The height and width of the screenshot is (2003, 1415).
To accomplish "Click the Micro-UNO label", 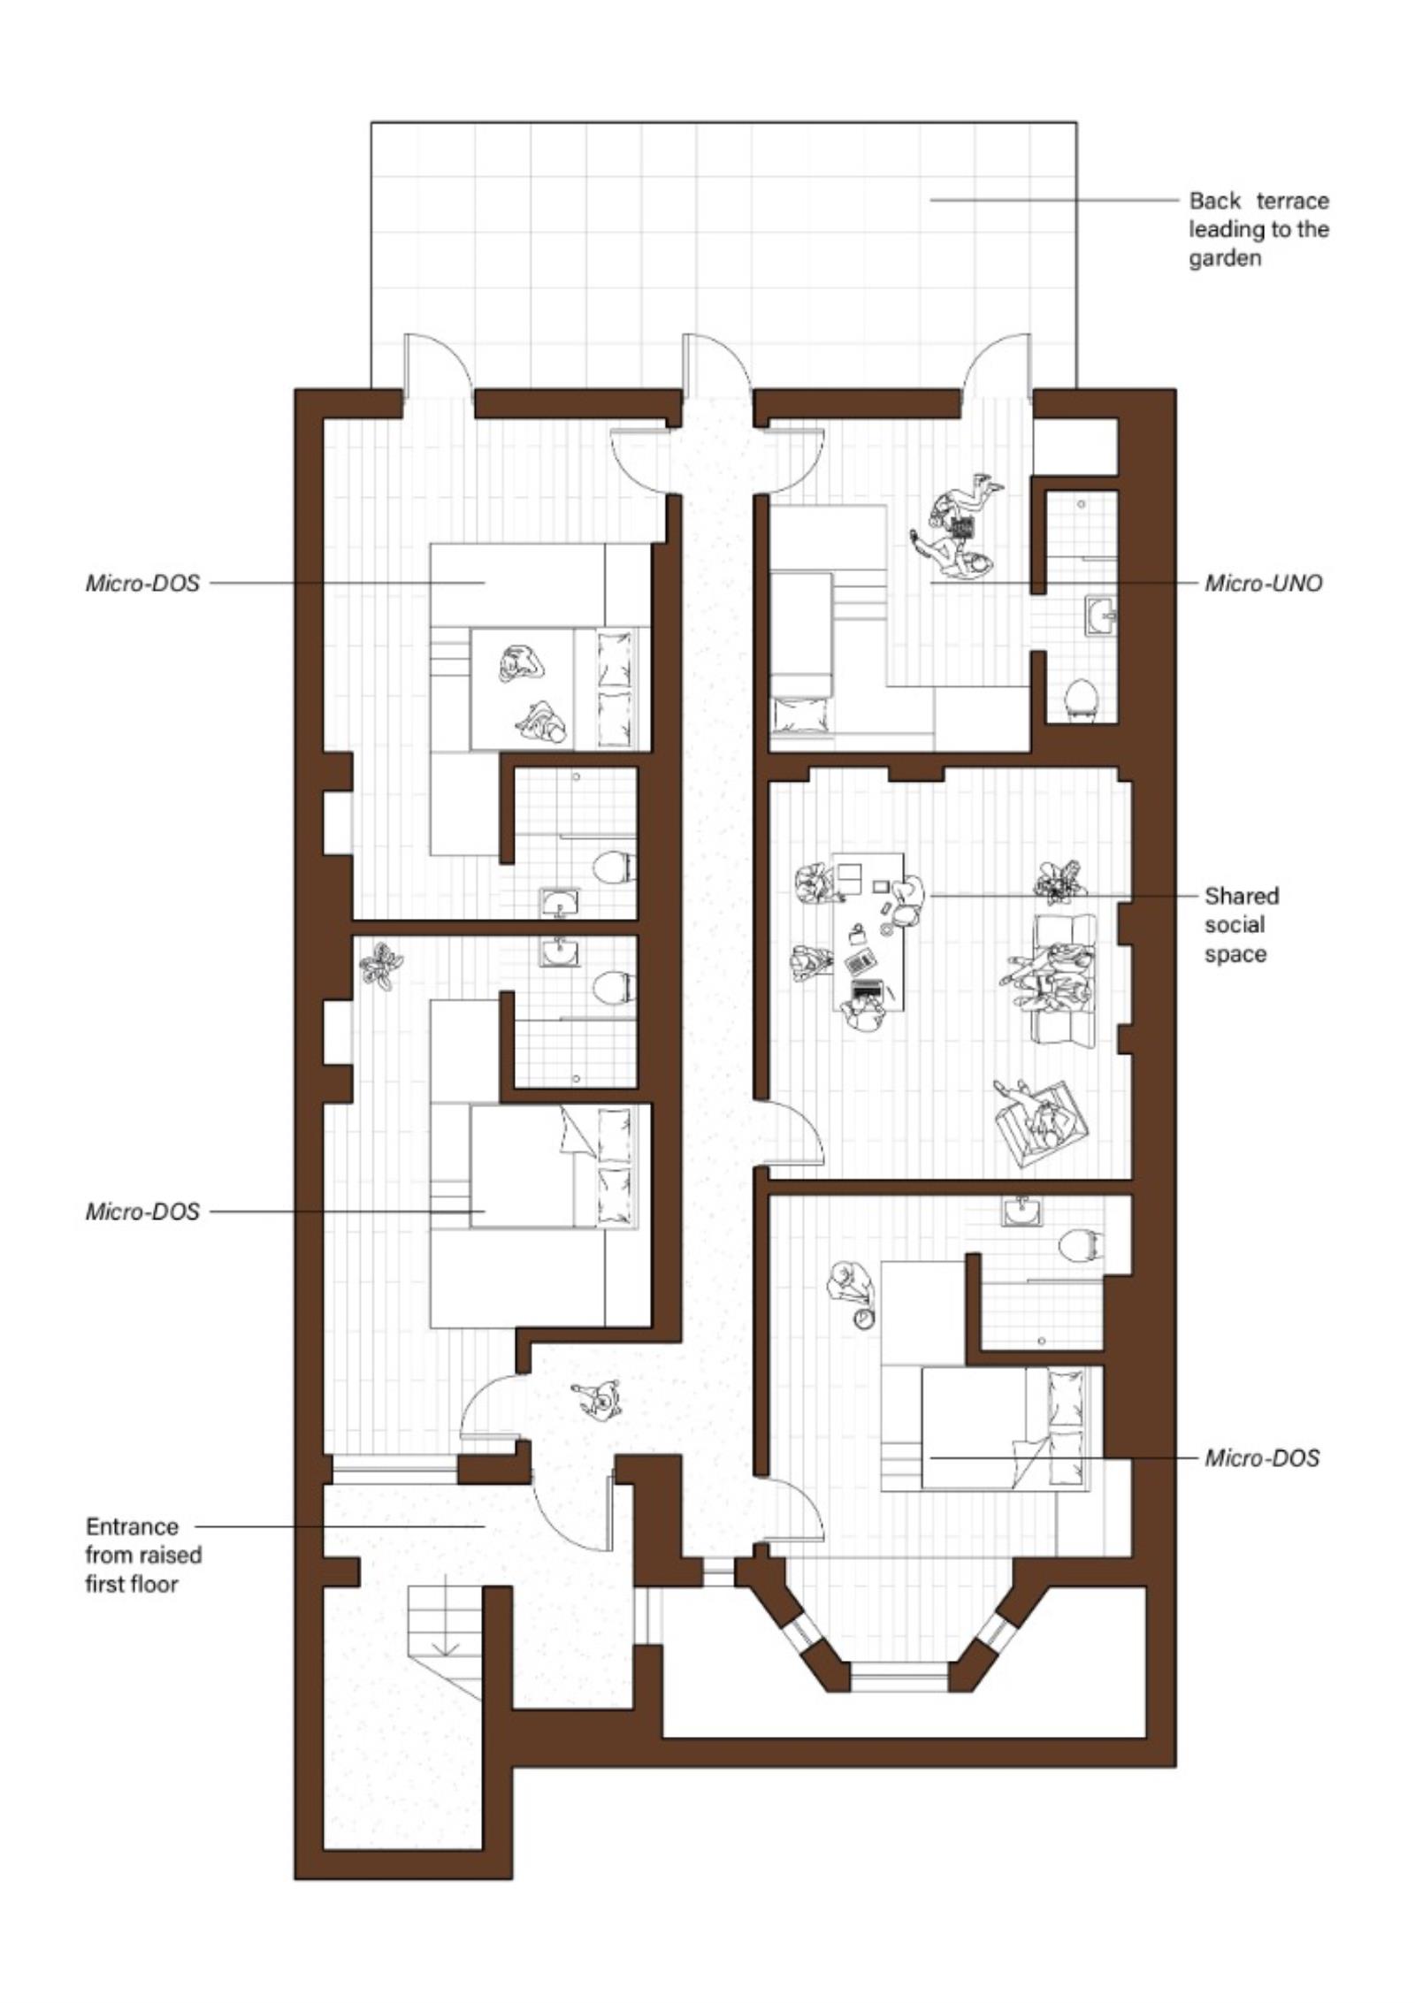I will click(x=1263, y=584).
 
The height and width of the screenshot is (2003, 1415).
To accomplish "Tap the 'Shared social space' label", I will click(x=1241, y=925).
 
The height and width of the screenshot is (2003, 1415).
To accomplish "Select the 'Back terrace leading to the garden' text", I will click(x=1258, y=229).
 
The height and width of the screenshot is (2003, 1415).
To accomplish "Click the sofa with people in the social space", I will click(x=1063, y=978).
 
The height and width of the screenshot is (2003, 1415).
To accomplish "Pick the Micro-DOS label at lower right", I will click(x=1261, y=1457).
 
